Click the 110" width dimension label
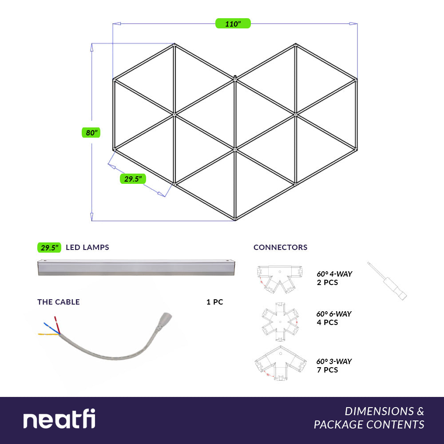tap(233, 24)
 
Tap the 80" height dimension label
tap(91, 132)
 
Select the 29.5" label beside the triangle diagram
tap(133, 178)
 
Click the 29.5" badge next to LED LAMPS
tap(49, 247)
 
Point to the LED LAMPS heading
tap(87, 247)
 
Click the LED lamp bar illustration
tap(136, 267)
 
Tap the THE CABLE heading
tap(58, 302)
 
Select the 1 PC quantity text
tap(214, 302)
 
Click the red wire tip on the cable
tap(55, 318)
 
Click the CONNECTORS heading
tap(280, 247)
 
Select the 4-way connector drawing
tap(280, 279)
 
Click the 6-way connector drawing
tap(280, 321)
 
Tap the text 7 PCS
tap(327, 370)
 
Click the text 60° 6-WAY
tap(334, 314)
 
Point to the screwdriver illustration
tap(387, 281)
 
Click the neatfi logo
tap(59, 419)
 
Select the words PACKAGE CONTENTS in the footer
tap(369, 424)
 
